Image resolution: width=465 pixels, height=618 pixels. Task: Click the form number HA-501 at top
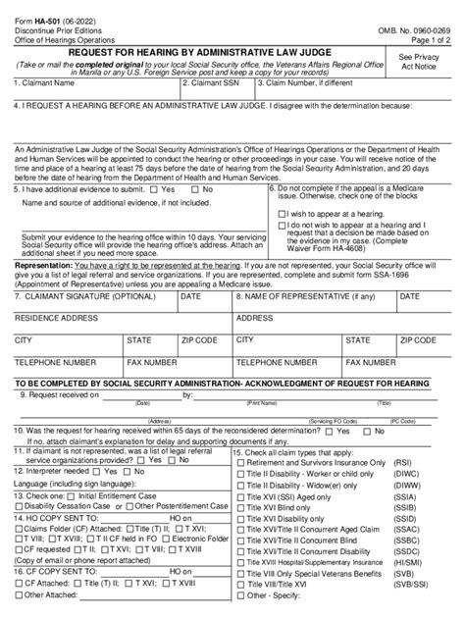pyautogui.click(x=47, y=10)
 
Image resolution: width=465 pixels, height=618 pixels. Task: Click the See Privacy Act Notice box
pyautogui.click(x=421, y=64)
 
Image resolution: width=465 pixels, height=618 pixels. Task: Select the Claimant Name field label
pyautogui.click(x=47, y=83)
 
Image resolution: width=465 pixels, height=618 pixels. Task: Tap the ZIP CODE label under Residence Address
pyautogui.click(x=200, y=339)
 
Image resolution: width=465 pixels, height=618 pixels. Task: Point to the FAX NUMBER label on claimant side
pyautogui.click(x=150, y=362)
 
